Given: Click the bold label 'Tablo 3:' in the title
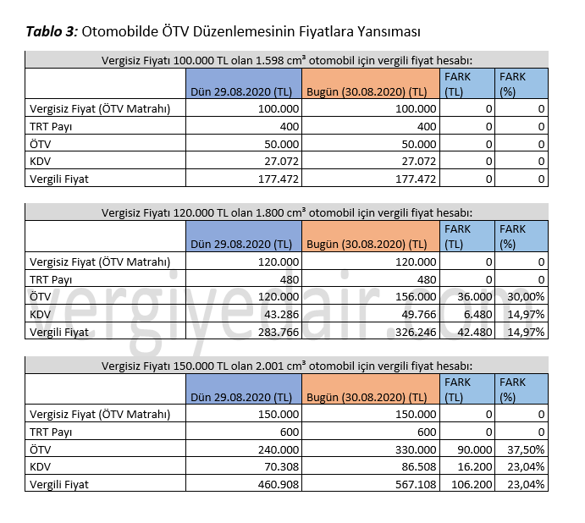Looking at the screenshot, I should (52, 32).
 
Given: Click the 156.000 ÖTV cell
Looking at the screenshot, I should (415, 297).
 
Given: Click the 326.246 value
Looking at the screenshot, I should (415, 331).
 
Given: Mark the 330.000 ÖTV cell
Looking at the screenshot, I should (415, 449).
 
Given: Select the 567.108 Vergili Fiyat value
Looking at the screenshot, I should (415, 484).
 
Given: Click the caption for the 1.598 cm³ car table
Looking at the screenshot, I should (286, 60).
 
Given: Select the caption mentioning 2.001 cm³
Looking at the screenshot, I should (286, 366).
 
